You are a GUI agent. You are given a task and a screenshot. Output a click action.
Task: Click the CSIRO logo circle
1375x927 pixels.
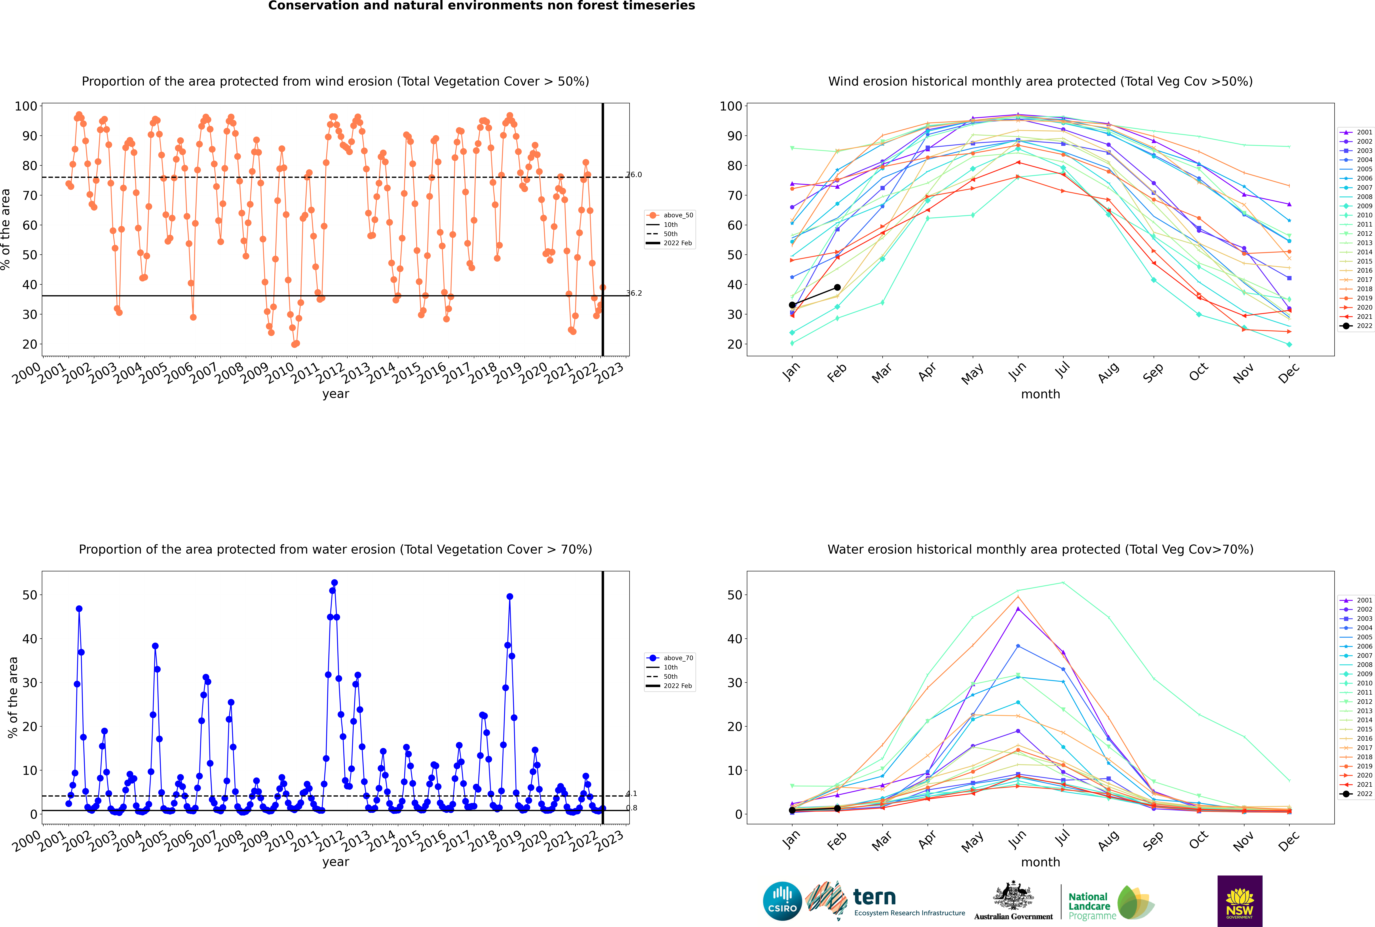click(x=782, y=901)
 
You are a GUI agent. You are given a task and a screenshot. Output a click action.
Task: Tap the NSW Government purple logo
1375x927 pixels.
click(x=1240, y=900)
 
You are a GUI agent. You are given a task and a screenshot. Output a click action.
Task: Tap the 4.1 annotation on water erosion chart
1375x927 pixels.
click(x=631, y=793)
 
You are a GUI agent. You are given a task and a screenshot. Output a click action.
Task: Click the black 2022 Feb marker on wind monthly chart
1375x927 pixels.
click(x=837, y=287)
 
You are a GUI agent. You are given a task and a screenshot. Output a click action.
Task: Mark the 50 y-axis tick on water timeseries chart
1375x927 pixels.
click(x=29, y=595)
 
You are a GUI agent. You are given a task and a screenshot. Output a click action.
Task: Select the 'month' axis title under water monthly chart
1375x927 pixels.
click(x=1040, y=862)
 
